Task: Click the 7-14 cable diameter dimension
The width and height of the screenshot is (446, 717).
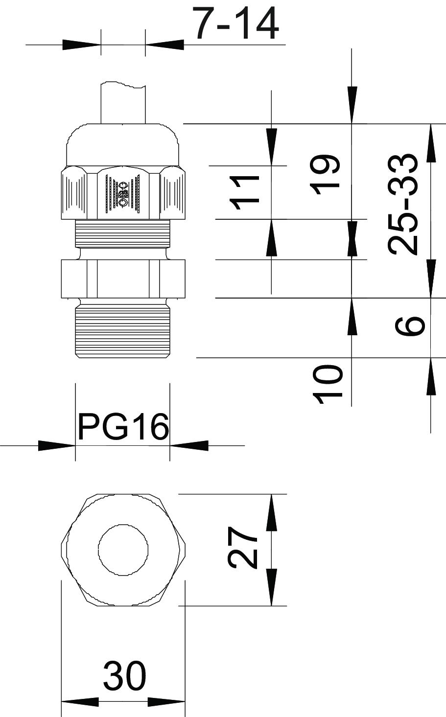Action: (235, 23)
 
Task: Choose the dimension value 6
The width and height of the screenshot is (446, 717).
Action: (410, 325)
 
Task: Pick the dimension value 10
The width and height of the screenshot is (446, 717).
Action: (327, 384)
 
